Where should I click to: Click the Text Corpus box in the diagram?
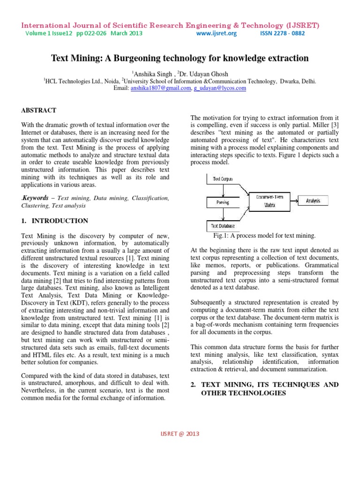tap(223, 179)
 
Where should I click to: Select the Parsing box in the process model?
tap(223, 202)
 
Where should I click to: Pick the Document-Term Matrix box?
tap(266, 202)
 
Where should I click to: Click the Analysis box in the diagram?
tap(313, 201)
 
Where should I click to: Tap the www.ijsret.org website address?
tap(217, 34)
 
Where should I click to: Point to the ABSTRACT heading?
tap(39, 110)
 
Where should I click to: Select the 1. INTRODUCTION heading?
tap(54, 221)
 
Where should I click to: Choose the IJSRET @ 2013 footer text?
tap(180, 434)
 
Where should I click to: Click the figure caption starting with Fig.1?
tap(264, 235)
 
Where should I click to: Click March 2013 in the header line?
tap(127, 34)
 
